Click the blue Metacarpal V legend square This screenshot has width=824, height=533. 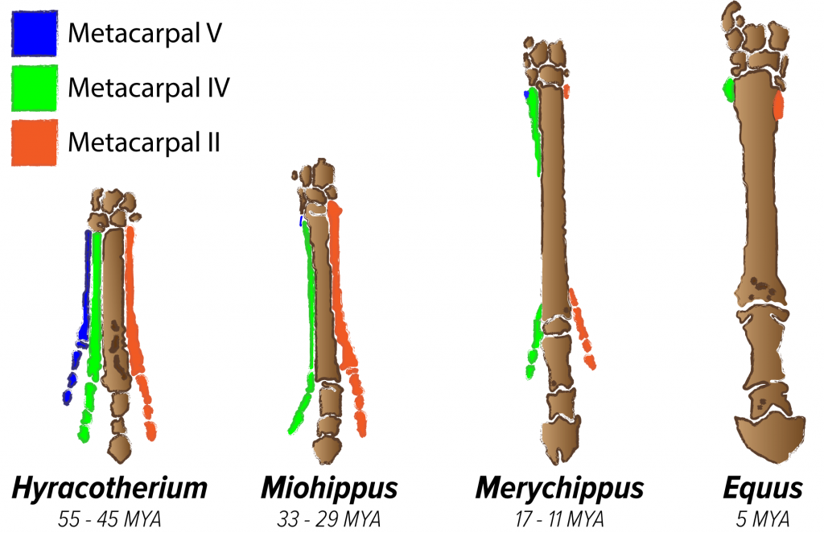[35, 33]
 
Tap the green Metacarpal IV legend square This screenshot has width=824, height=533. [35, 87]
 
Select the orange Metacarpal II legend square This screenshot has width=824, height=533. [35, 143]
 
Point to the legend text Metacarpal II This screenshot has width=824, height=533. [144, 143]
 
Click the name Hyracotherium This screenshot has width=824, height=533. [109, 489]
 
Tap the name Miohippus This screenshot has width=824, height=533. [329, 489]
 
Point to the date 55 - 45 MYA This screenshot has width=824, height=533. [110, 518]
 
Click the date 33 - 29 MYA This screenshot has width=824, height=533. [329, 518]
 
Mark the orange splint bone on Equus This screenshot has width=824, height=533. [778, 105]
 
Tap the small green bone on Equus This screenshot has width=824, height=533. [729, 89]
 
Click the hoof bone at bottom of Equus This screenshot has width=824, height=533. [770, 440]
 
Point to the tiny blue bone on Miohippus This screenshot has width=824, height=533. [301, 220]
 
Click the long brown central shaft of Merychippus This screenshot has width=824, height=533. [551, 201]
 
